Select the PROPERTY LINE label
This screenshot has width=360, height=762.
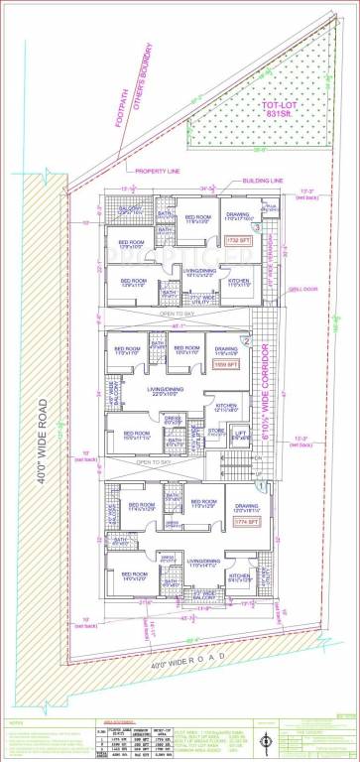point(157,171)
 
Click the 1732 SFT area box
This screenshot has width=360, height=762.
point(238,240)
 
